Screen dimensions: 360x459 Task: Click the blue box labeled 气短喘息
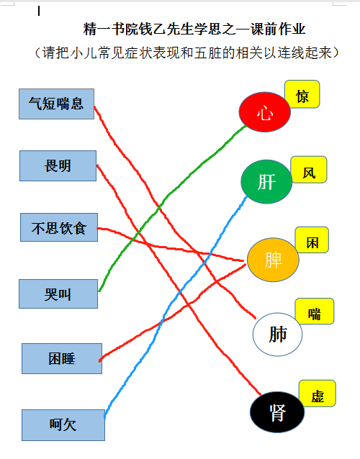tap(57, 104)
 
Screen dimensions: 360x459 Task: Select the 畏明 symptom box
tap(58, 165)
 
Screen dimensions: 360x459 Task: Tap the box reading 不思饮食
tap(59, 227)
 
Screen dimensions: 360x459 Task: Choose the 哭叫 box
tap(58, 294)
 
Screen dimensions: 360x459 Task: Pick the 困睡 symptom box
tap(62, 358)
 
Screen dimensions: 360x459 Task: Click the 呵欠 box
tap(63, 425)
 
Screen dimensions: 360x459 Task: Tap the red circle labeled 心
tap(265, 112)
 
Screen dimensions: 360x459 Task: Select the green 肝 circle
tap(266, 181)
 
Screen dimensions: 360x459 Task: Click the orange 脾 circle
tap(273, 260)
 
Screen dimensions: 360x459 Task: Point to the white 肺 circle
tap(277, 335)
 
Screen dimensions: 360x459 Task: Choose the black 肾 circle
tap(277, 412)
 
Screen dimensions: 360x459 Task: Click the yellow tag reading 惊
tap(302, 94)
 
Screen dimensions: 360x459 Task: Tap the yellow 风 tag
tap(309, 170)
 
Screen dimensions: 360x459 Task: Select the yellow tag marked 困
tap(312, 240)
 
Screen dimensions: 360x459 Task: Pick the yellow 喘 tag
tap(315, 312)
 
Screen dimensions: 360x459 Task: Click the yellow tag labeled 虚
tap(318, 394)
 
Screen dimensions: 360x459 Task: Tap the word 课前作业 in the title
tap(278, 29)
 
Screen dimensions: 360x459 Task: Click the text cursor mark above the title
tap(39, 11)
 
